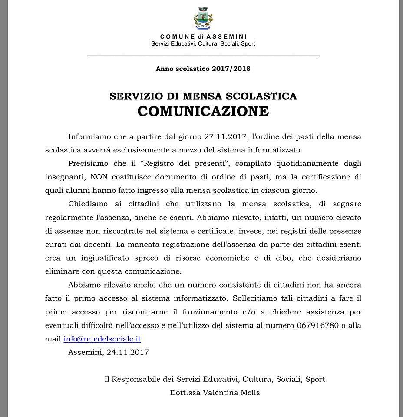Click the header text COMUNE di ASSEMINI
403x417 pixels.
(x=203, y=36)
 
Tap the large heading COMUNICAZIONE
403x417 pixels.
(x=203, y=111)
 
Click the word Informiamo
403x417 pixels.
(x=89, y=136)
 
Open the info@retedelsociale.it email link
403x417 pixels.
(x=102, y=339)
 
